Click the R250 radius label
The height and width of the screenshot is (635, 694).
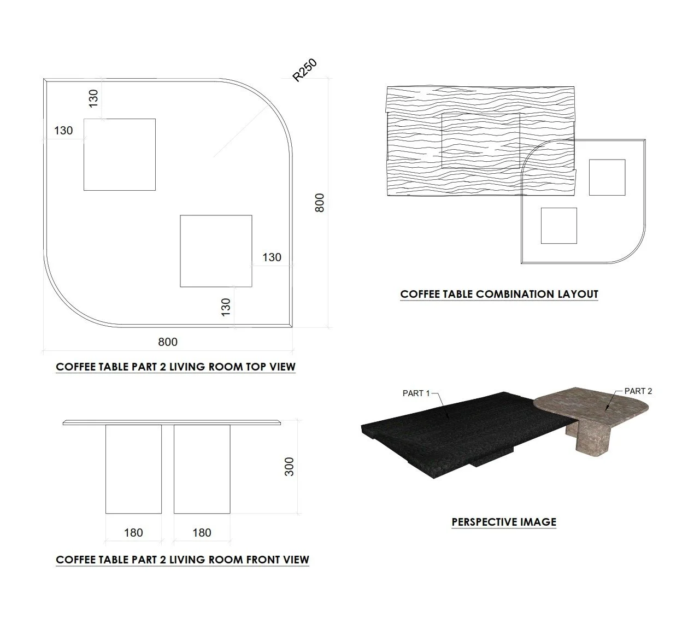(304, 70)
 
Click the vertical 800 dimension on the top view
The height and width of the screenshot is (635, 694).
(320, 203)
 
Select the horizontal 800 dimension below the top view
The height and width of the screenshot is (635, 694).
(168, 342)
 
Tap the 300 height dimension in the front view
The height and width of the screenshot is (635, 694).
(289, 466)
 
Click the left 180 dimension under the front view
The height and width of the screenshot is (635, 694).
(133, 532)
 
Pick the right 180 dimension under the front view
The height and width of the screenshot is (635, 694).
(202, 532)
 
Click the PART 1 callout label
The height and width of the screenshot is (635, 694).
(416, 393)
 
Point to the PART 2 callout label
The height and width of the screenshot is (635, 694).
(638, 391)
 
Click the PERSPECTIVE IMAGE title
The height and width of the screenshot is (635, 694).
(504, 522)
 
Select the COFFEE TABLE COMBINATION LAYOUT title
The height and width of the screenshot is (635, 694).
(499, 294)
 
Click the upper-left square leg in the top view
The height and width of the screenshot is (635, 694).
(120, 155)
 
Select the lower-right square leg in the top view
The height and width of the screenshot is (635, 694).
(216, 251)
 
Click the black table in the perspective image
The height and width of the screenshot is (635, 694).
(443, 432)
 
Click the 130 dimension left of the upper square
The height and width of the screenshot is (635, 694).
(63, 131)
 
